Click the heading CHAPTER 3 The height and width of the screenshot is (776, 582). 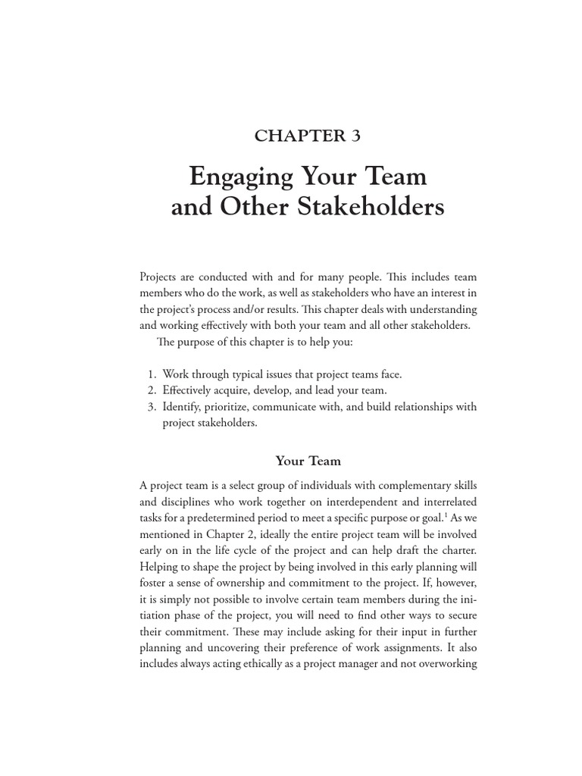click(308, 136)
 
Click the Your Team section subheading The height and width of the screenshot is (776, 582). click(308, 460)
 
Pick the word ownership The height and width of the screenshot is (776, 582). click(239, 583)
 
